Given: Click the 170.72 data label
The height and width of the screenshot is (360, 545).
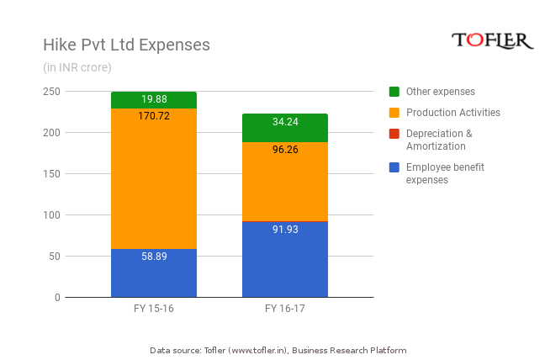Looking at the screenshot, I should coord(154,116).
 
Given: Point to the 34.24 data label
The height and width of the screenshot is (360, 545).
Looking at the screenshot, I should coord(285,122).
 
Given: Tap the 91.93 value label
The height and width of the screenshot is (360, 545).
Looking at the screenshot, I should coord(285,230).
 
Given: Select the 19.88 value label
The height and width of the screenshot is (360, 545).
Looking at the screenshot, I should coord(154,99).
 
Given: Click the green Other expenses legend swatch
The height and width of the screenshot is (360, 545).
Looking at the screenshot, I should coord(394,91).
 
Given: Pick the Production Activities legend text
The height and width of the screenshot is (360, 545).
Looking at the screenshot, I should coord(452,112).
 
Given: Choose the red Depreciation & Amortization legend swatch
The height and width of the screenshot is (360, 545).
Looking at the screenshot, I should coord(394,133).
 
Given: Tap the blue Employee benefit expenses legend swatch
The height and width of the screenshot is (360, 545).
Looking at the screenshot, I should coord(394,167).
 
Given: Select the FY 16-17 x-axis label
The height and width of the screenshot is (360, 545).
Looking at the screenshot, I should coord(285,309).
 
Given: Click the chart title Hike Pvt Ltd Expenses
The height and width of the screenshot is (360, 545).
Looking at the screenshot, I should coord(126,45).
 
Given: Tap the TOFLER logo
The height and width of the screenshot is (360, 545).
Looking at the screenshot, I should coord(493,40).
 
